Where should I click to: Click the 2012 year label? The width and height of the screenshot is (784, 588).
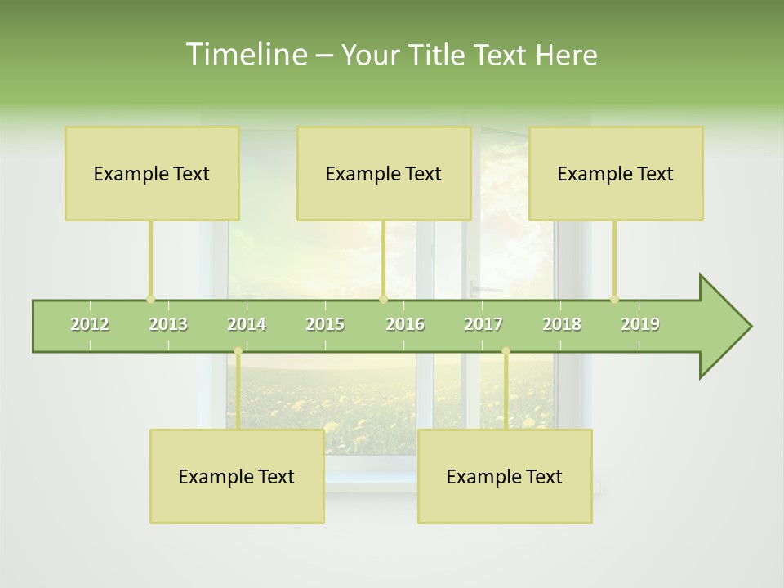tap(90, 324)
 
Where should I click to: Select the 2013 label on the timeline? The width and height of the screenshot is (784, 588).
tap(168, 324)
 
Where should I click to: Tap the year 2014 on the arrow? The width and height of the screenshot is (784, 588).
tap(247, 324)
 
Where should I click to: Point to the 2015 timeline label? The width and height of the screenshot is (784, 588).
tap(325, 324)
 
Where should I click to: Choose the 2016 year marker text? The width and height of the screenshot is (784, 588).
tap(405, 324)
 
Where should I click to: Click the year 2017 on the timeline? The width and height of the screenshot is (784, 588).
tap(483, 324)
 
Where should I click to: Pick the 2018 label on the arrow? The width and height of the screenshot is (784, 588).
tap(562, 324)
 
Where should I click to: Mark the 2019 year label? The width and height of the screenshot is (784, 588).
tap(640, 324)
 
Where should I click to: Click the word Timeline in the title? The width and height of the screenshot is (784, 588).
tap(245, 55)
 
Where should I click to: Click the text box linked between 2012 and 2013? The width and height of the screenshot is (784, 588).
tap(152, 173)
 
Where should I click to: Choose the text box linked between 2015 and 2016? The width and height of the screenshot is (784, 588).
tap(384, 173)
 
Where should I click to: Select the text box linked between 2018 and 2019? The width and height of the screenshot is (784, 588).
tap(616, 173)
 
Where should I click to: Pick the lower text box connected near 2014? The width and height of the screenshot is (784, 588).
tap(237, 476)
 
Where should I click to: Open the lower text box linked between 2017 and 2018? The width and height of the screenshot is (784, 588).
tap(505, 476)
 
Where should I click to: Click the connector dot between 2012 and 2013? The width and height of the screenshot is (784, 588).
tap(150, 299)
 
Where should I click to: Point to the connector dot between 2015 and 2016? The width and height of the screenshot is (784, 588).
tap(383, 299)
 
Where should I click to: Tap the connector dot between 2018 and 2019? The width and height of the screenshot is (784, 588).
tap(615, 299)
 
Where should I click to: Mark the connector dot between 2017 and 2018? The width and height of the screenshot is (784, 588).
tap(506, 351)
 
